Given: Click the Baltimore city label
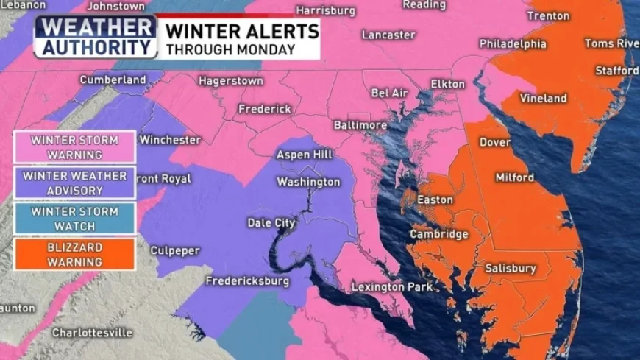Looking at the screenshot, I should (x=360, y=125).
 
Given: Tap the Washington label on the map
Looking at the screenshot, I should (x=308, y=182).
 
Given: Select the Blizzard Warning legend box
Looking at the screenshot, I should (x=74, y=254).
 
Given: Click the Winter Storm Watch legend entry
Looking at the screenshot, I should (x=74, y=218).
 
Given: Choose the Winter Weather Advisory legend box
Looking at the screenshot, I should (x=74, y=183).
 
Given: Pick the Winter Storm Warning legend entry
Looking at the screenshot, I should (x=74, y=147).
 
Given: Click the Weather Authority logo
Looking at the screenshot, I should (x=96, y=37).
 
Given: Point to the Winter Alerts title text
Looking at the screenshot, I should (x=242, y=31).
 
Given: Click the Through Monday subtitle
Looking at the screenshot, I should (x=230, y=49).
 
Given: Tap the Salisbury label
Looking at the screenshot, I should (x=511, y=269).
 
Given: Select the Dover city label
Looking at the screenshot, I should (x=494, y=142).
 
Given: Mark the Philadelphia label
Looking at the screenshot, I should (x=513, y=44).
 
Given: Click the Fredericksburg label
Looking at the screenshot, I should (x=247, y=281).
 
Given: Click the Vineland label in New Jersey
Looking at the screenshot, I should (x=543, y=98).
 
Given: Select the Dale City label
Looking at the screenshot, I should (x=271, y=223).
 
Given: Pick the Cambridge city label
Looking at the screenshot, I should (x=439, y=234).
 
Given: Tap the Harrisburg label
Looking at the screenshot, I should (x=325, y=11).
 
